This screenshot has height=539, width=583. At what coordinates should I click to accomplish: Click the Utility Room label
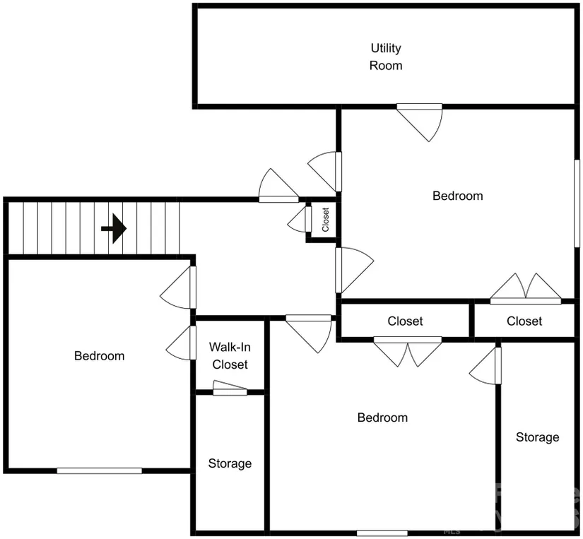coord(386,57)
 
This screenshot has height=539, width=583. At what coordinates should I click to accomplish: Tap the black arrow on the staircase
coord(114,228)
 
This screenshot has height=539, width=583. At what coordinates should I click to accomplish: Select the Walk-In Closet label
coord(230,356)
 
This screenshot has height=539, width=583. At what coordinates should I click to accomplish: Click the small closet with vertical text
coord(324,220)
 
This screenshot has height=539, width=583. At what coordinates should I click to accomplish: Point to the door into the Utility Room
coord(419,122)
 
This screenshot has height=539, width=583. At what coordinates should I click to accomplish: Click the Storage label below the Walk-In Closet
coord(230,463)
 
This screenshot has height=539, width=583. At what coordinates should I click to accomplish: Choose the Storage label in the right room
coord(537,437)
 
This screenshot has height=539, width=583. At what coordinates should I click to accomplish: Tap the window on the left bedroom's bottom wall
coord(99,470)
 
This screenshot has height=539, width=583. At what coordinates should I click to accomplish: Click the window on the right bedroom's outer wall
coord(577,203)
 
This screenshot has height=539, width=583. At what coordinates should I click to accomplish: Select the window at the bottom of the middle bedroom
coord(382,533)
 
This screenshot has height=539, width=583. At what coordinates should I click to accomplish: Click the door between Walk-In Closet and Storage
coord(230,389)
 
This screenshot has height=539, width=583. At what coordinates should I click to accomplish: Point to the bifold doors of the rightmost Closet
coord(525,289)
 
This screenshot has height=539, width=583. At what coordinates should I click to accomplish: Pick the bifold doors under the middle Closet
coord(408,351)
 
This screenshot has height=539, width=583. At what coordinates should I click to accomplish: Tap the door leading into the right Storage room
coord(485,366)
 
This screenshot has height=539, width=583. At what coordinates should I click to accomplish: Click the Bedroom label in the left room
coord(99,356)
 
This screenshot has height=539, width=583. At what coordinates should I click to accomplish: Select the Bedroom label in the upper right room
coord(458,196)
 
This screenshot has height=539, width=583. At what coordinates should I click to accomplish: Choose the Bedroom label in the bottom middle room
coord(382,417)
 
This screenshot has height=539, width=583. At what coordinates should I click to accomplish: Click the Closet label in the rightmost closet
coord(524,321)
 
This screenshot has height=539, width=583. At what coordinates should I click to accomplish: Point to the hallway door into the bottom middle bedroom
coord(309,334)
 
